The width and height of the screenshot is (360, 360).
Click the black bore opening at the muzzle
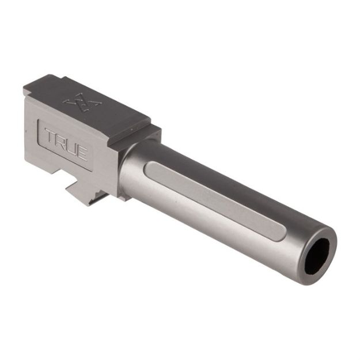(x=317, y=255)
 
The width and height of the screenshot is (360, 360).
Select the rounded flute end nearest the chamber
(x=149, y=168)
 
